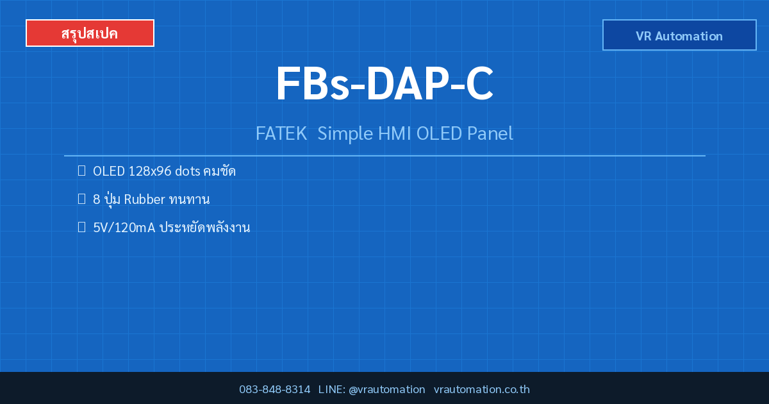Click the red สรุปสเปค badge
90,33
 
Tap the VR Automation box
679,35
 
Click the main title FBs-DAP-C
384,84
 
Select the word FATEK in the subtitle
281,133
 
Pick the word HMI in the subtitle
395,133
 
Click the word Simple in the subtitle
345,134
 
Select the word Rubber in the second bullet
145,199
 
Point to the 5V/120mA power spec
124,228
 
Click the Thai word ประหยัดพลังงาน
205,228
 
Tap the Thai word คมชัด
219,171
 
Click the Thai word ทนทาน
190,199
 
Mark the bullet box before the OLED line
82,171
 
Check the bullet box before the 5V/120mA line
82,227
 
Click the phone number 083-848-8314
275,389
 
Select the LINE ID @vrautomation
387,390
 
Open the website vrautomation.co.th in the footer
482,389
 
